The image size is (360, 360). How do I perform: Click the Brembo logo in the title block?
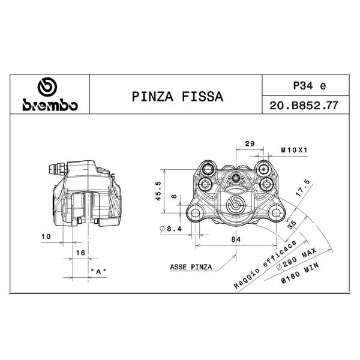click(x=50, y=94)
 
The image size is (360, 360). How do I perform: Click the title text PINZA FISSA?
click(x=178, y=97)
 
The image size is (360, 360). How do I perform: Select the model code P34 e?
click(x=310, y=86)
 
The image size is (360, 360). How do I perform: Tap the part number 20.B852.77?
click(x=304, y=106)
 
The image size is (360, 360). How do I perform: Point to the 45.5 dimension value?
click(x=158, y=191)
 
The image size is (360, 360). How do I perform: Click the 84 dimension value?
click(x=236, y=239)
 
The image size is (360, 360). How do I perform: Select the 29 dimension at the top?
click(x=250, y=144)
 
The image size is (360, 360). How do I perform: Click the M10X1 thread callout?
click(x=294, y=150)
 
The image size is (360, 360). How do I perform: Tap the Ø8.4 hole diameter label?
click(x=170, y=229)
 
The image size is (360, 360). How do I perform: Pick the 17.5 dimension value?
click(x=303, y=188)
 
